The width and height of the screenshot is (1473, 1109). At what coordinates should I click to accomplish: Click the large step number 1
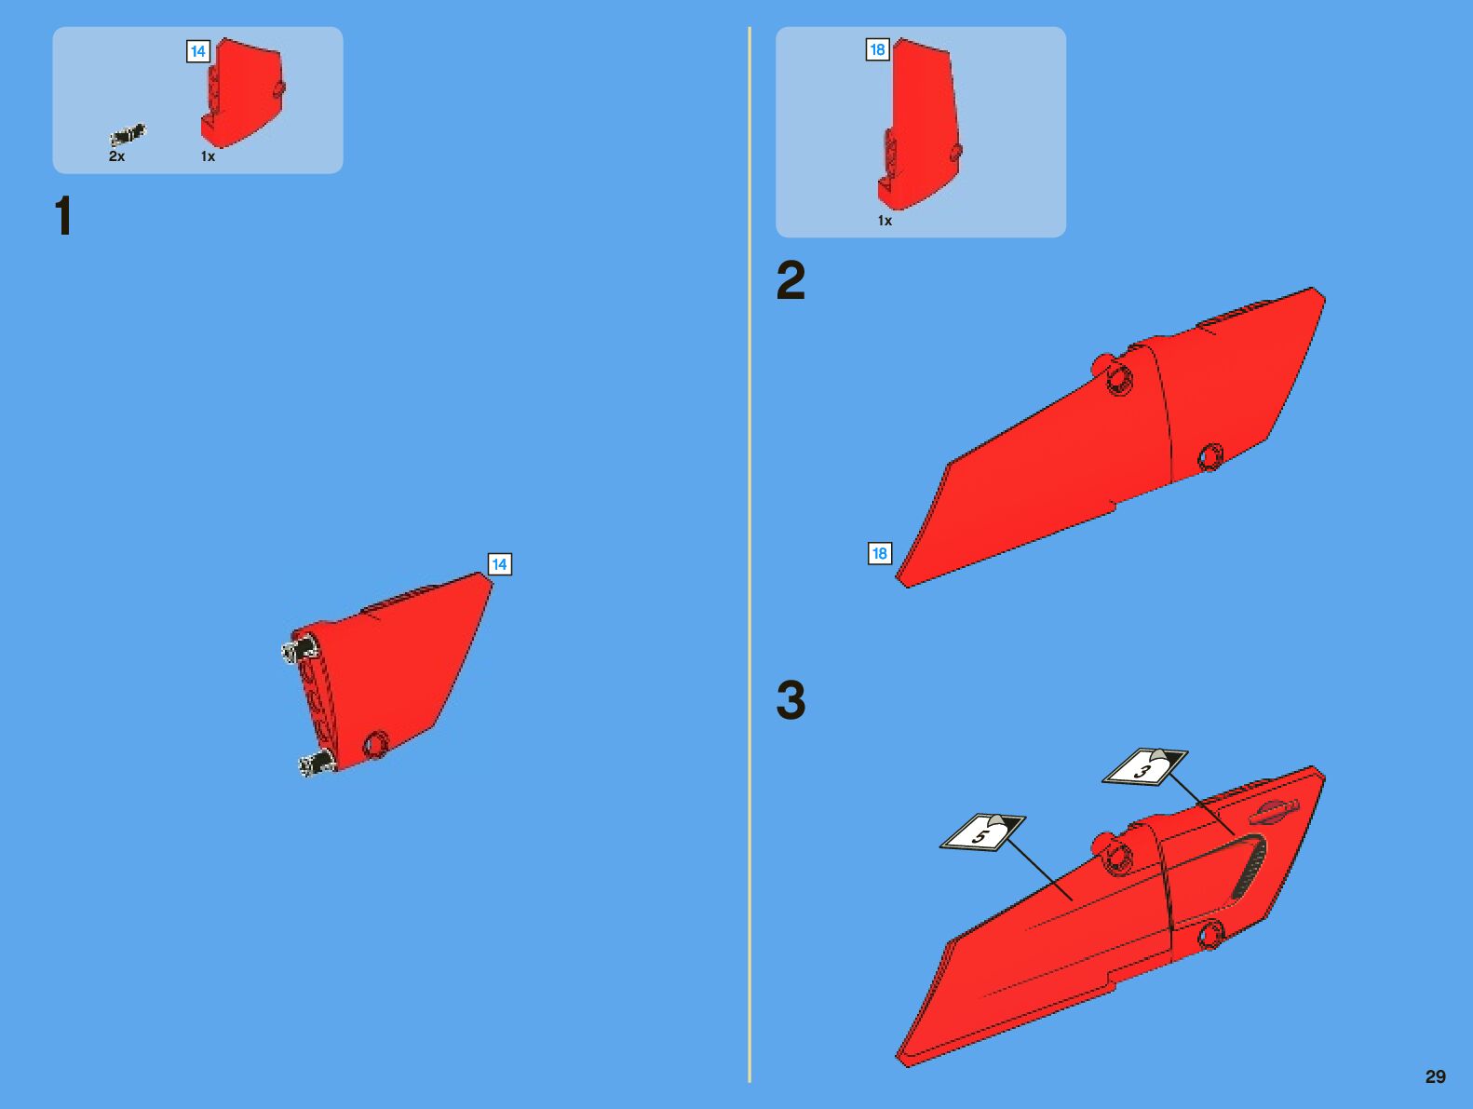pyautogui.click(x=63, y=215)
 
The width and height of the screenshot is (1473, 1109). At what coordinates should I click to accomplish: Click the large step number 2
pyautogui.click(x=791, y=279)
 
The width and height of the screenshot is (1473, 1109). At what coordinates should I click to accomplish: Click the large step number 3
pyautogui.click(x=791, y=699)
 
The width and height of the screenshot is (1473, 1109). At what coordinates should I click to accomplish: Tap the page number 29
pyautogui.click(x=1436, y=1076)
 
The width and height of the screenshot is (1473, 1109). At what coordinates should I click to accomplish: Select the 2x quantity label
pyautogui.click(x=116, y=156)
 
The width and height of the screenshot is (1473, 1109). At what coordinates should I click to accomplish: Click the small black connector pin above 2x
pyautogui.click(x=128, y=135)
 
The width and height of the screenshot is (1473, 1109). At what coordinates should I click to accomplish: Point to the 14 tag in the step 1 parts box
pyautogui.click(x=198, y=51)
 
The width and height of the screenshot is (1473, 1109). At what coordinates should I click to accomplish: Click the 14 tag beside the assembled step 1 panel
pyautogui.click(x=499, y=564)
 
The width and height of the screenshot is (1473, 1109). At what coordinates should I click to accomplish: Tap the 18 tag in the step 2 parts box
pyautogui.click(x=877, y=49)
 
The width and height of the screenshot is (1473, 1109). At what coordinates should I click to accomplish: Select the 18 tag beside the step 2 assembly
pyautogui.click(x=880, y=553)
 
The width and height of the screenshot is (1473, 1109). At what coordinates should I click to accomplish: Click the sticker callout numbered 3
pyautogui.click(x=1145, y=767)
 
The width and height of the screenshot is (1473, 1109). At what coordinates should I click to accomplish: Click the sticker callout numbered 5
pyautogui.click(x=982, y=832)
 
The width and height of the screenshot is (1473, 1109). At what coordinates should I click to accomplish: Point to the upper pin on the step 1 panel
pyautogui.click(x=299, y=649)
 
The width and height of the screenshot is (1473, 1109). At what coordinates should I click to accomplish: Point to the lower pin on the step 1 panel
pyautogui.click(x=316, y=762)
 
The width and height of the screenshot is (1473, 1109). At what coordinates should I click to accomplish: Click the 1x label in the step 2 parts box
pyautogui.click(x=885, y=221)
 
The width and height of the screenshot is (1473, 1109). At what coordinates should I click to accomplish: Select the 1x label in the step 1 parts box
pyautogui.click(x=208, y=156)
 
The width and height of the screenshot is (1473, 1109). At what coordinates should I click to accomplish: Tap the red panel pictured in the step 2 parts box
pyautogui.click(x=919, y=124)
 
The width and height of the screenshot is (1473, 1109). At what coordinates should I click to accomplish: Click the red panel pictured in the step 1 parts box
pyautogui.click(x=241, y=92)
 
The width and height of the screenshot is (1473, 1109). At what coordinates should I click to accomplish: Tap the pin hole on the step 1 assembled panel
pyautogui.click(x=376, y=745)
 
